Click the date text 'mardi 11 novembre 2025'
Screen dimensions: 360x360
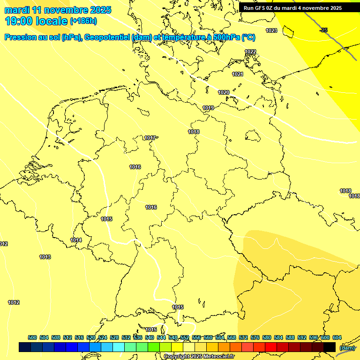pyautogui.click(x=58, y=10)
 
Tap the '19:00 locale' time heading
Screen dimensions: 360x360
pyautogui.click(x=37, y=21)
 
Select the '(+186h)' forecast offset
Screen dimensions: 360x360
pyautogui.click(x=83, y=21)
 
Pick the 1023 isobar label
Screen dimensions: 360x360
pyautogui.click(x=271, y=30)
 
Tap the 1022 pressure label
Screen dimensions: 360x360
pyautogui.click(x=250, y=52)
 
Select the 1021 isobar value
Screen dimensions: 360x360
pyautogui.click(x=238, y=74)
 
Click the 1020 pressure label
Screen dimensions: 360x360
pyautogui.click(x=224, y=92)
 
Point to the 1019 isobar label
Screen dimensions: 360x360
pyautogui.click(x=208, y=108)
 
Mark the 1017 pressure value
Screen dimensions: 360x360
pyautogui.click(x=150, y=138)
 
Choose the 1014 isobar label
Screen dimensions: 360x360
pyautogui.click(x=76, y=240)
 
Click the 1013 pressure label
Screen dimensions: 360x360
pyautogui.click(x=45, y=257)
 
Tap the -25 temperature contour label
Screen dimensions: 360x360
pyautogui.click(x=323, y=30)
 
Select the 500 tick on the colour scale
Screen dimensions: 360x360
pyautogui.click(x=32, y=337)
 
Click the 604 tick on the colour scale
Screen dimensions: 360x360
pyautogui.click(x=337, y=337)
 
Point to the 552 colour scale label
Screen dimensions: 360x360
pyautogui.click(x=185, y=337)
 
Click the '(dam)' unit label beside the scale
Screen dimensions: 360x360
pyautogui.click(x=347, y=348)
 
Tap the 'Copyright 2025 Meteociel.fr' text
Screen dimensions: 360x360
pyautogui.click(x=199, y=356)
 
